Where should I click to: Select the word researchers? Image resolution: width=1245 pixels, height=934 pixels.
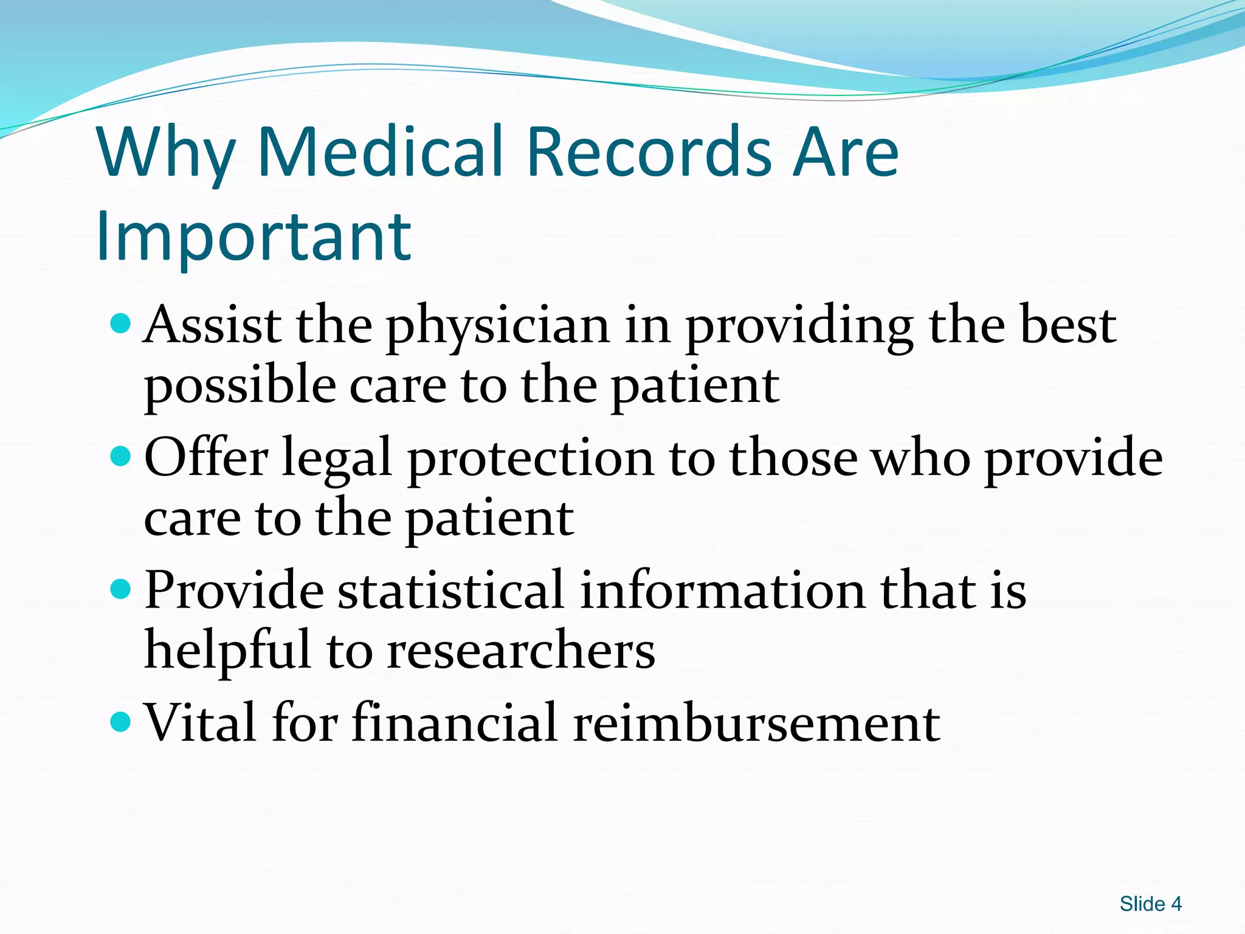click(x=521, y=651)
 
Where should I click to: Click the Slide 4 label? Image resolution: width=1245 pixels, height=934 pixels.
click(x=1150, y=904)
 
